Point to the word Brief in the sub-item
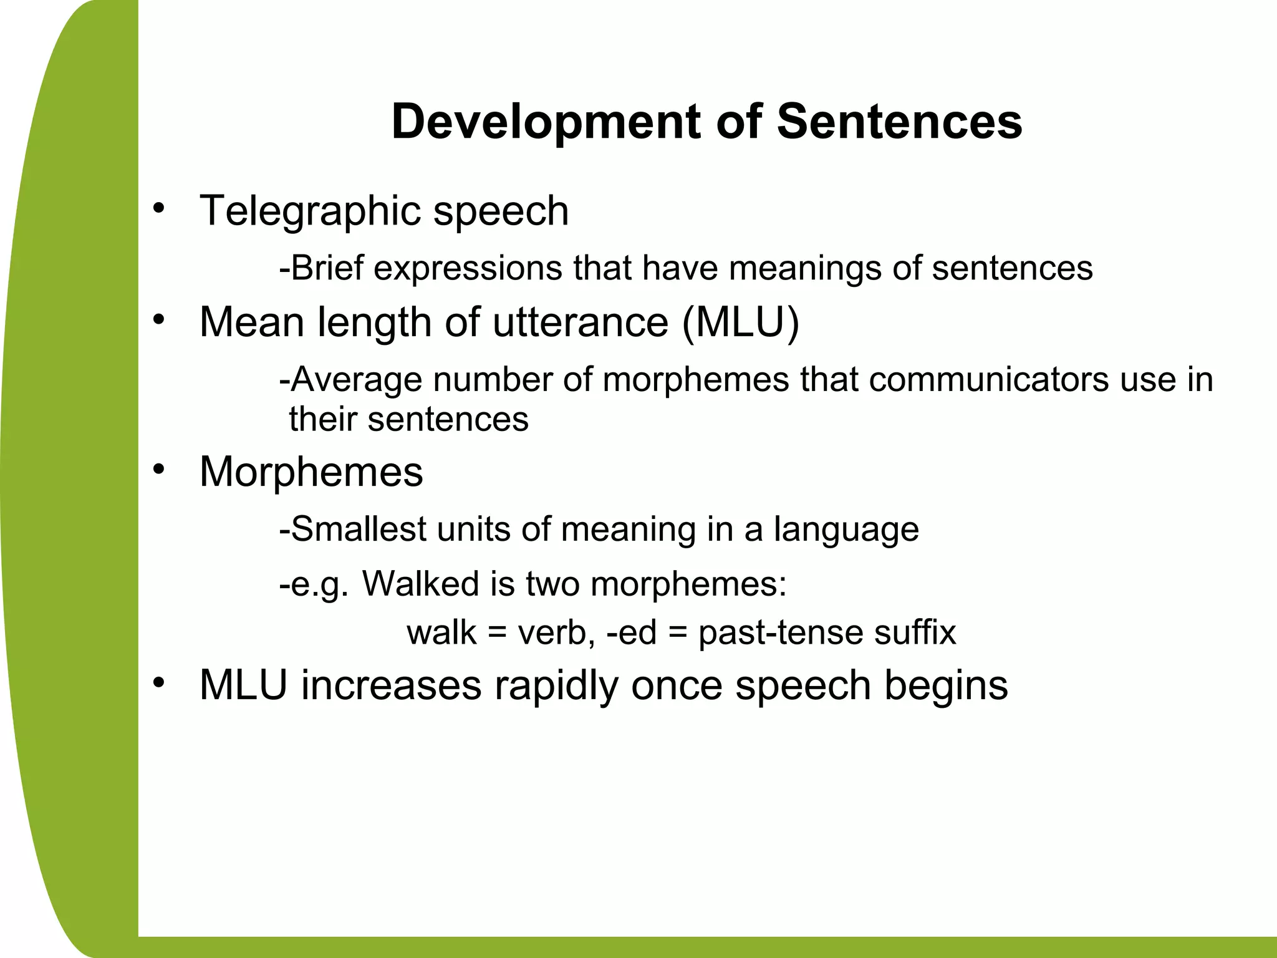pos(327,268)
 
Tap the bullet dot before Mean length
pos(159,319)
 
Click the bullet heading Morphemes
pos(311,472)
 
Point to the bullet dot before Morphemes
pos(159,469)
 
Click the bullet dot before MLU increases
pos(159,682)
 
